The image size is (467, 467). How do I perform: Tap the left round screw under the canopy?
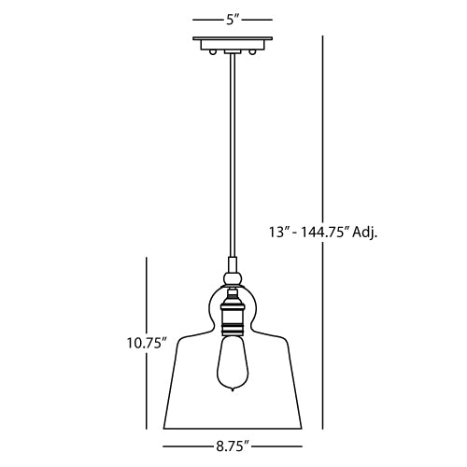point(214,51)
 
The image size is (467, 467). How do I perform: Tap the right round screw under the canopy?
point(251,51)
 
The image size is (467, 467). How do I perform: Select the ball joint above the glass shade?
point(233,277)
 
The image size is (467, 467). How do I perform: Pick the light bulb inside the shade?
point(233,364)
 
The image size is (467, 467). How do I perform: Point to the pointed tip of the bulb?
point(233,392)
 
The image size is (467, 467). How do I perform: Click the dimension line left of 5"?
point(205,17)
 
